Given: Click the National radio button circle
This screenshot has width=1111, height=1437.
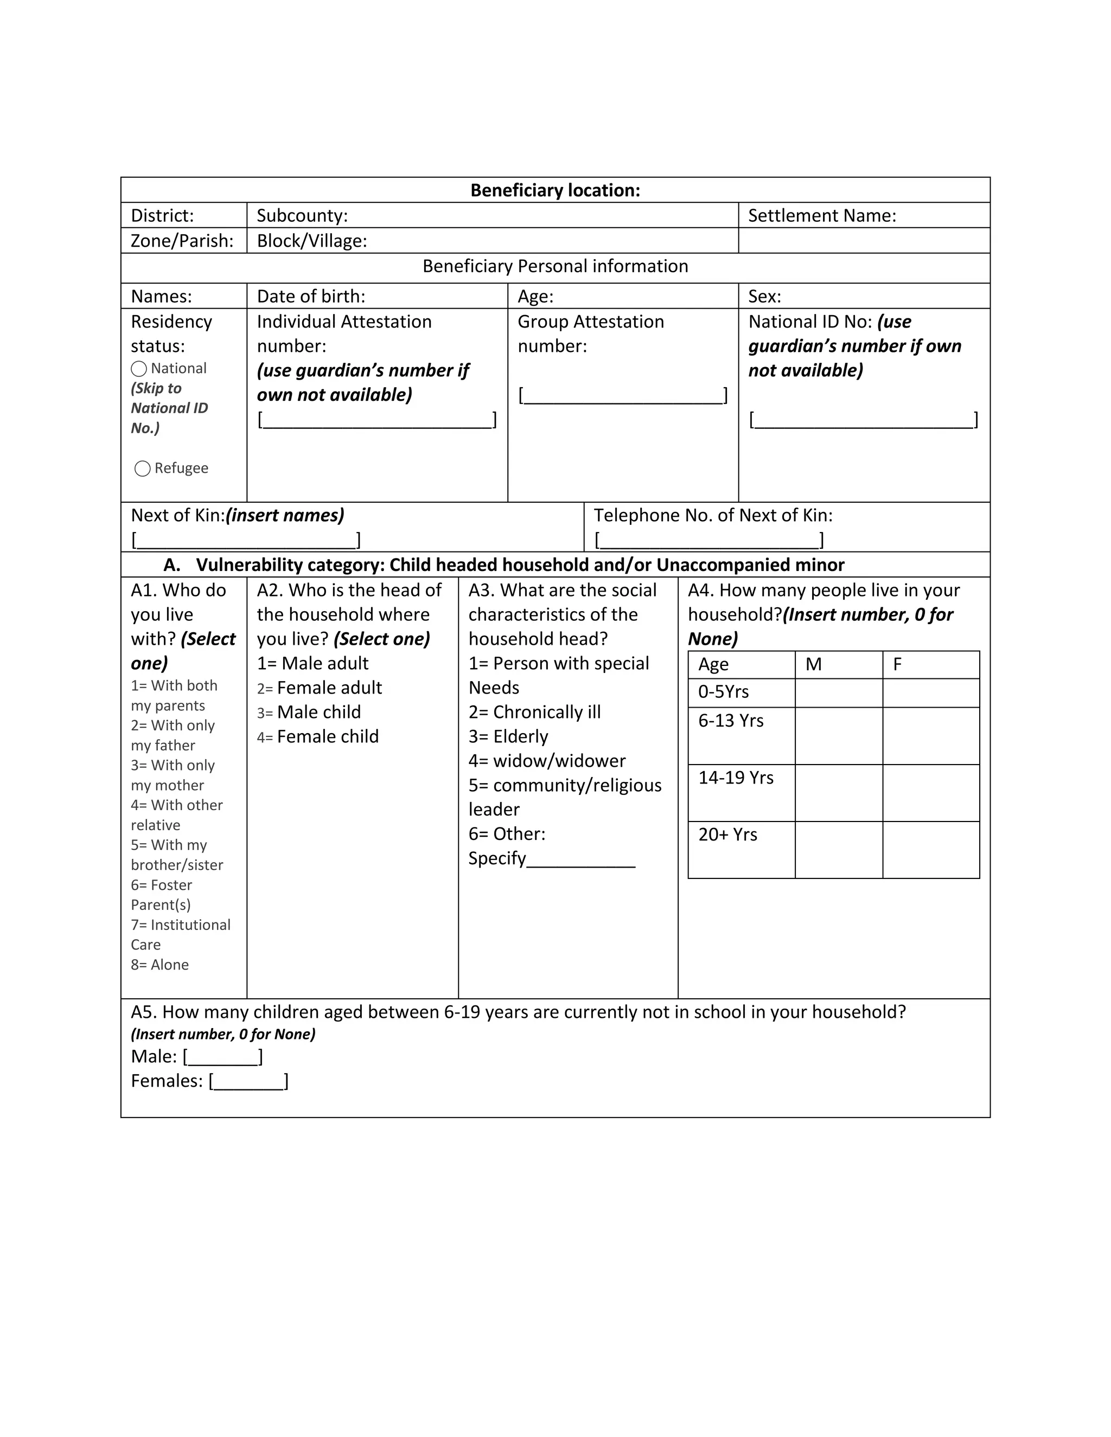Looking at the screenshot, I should (x=138, y=369).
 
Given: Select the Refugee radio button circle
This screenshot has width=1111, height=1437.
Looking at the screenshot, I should (x=142, y=469).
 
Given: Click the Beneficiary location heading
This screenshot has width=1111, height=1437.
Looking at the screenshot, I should (x=555, y=190).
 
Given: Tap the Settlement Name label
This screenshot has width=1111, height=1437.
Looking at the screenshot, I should (x=821, y=216).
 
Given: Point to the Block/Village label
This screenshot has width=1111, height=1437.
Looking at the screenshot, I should (x=311, y=241).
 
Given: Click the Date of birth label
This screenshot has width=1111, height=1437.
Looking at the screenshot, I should (x=311, y=296).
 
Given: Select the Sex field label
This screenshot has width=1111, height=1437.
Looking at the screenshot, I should (x=764, y=296).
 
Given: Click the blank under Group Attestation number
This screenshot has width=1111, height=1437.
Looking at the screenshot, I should (x=622, y=396).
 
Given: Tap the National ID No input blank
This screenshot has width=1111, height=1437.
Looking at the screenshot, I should (x=863, y=420).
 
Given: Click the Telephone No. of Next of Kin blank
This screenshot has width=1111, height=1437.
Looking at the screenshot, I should (x=709, y=541).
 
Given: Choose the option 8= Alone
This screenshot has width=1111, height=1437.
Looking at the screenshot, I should (x=159, y=965).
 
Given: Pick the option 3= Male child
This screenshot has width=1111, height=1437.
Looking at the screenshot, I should (x=309, y=712).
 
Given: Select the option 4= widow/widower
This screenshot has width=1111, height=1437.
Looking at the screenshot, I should (x=546, y=761).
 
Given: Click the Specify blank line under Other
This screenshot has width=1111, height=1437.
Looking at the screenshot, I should (x=580, y=860).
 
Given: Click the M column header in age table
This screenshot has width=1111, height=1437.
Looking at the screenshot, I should (x=814, y=665).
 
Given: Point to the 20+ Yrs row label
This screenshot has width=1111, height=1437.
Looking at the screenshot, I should (x=727, y=835).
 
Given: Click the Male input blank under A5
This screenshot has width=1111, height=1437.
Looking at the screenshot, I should (x=222, y=1057).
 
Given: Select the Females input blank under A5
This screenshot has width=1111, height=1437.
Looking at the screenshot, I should (x=248, y=1082).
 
